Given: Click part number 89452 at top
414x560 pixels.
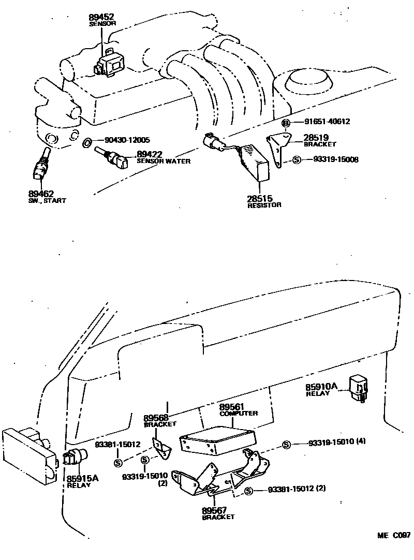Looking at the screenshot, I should click(102, 17).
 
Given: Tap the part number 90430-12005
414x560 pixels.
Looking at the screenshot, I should click(127, 140).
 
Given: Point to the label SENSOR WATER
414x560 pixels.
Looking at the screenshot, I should click(163, 161).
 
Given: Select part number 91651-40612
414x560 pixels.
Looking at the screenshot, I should click(328, 122).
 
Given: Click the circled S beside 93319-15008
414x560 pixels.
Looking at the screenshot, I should click(297, 159).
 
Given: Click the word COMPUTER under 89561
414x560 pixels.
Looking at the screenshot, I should click(239, 414).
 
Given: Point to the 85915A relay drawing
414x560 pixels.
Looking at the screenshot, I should click(75, 458).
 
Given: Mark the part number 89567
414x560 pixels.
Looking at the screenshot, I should click(214, 510).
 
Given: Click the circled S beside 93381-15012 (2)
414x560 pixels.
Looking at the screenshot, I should click(248, 491).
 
